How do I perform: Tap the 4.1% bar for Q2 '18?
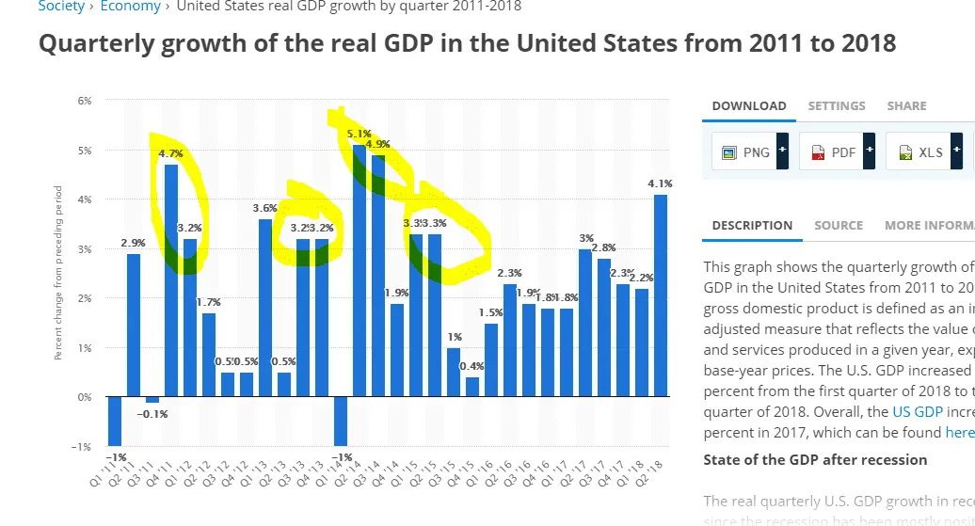(x=661, y=296)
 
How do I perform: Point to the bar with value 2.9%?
(x=134, y=325)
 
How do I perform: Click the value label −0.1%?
(x=152, y=414)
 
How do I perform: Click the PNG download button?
(x=744, y=151)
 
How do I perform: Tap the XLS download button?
(x=919, y=151)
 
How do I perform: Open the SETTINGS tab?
(x=837, y=106)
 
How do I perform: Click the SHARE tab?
(x=906, y=106)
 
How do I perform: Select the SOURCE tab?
(x=839, y=226)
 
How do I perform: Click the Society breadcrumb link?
(x=61, y=7)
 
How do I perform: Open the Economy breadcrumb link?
(x=130, y=7)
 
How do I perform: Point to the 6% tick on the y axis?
(x=85, y=101)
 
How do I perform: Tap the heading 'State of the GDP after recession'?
(x=815, y=460)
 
